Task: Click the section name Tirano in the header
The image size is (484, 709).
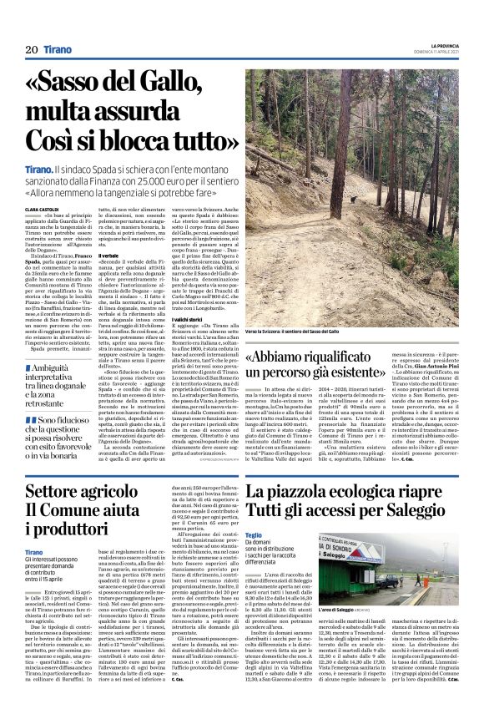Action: [58, 50]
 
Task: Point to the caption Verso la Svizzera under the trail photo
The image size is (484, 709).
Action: [267, 332]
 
